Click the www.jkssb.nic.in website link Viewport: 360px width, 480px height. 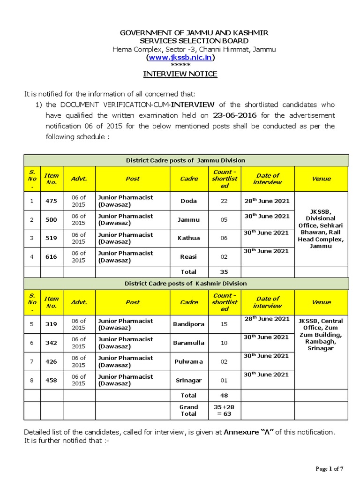[x=180, y=57]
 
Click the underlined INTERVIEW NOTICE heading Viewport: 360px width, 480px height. [x=180, y=74]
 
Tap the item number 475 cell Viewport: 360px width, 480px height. [x=51, y=201]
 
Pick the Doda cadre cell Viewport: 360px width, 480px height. [x=188, y=201]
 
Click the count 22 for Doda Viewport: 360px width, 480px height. [x=224, y=201]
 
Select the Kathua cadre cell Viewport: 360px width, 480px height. [x=188, y=238]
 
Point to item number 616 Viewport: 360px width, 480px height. [x=51, y=257]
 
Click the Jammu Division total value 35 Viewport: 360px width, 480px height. [x=224, y=271]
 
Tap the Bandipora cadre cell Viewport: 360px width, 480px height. [x=188, y=324]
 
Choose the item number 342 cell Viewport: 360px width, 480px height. [x=51, y=343]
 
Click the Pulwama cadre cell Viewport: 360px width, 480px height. [x=188, y=361]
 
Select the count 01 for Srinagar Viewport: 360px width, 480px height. [x=224, y=380]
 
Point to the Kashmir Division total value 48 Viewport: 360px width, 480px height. [x=224, y=395]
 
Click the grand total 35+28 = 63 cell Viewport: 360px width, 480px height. [x=224, y=411]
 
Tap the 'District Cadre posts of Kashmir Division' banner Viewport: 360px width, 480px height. [x=186, y=284]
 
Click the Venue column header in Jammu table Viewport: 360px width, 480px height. [x=321, y=179]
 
